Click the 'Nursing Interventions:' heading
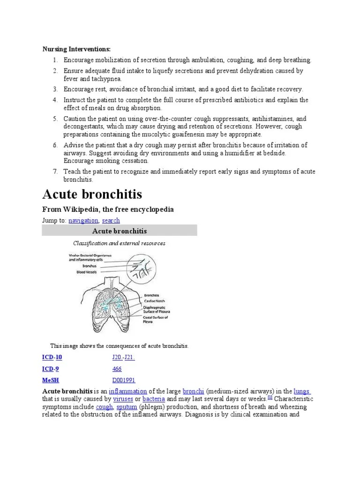pos(77,49)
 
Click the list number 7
pos(54,172)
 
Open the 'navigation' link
pos(83,220)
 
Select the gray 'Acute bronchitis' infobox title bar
pos(120,231)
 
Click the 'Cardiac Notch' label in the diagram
pos(155,300)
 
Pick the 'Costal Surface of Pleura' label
pos(155,320)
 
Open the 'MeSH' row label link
pos(51,380)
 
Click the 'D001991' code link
pos(124,380)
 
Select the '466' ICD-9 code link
pos(117,368)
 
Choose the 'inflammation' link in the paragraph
pos(128,391)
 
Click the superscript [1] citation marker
pos(270,397)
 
